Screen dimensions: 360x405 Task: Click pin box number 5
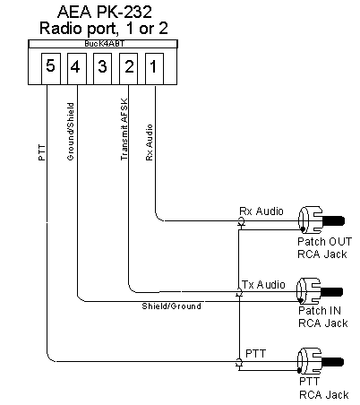pos(51,69)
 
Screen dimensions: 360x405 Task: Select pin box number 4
pos(77,69)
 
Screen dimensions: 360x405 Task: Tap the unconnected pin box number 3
pos(102,69)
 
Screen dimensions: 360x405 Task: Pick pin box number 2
pos(128,69)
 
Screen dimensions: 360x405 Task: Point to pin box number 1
pos(154,69)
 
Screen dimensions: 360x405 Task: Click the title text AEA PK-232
pos(105,12)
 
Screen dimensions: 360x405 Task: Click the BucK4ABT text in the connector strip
pos(104,44)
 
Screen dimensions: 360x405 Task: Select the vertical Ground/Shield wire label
pos(71,132)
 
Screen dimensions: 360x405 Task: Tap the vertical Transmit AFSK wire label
pos(124,129)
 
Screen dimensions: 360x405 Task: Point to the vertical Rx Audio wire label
pos(150,142)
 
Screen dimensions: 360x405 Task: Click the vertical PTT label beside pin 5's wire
pos(42,152)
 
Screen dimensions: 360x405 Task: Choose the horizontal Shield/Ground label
pos(171,306)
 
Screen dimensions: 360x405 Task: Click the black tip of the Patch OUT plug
pos(333,221)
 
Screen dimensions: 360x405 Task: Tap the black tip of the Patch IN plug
pos(331,292)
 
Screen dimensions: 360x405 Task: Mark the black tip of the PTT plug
pos(332,362)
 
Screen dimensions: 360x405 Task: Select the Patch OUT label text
pos(325,241)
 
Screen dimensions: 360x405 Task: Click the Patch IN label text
pos(320,311)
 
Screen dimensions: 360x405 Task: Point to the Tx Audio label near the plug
pos(263,285)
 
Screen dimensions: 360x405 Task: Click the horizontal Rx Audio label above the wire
pos(261,211)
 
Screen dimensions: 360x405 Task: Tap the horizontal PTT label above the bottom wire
pos(255,354)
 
